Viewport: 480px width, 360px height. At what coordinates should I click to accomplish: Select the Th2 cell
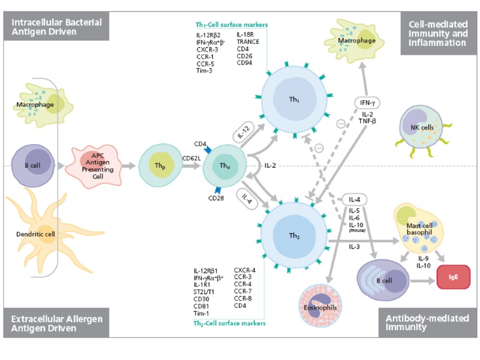click(295, 235)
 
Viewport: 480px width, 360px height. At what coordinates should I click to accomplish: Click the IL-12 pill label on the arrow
click(245, 131)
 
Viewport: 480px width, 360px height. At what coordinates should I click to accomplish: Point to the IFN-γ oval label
click(367, 103)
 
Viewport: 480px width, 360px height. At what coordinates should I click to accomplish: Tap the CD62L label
click(191, 159)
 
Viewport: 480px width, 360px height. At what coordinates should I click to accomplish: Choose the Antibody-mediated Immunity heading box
click(427, 323)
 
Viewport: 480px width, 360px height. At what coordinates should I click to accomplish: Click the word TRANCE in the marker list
click(248, 42)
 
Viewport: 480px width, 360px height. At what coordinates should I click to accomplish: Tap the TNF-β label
click(367, 121)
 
